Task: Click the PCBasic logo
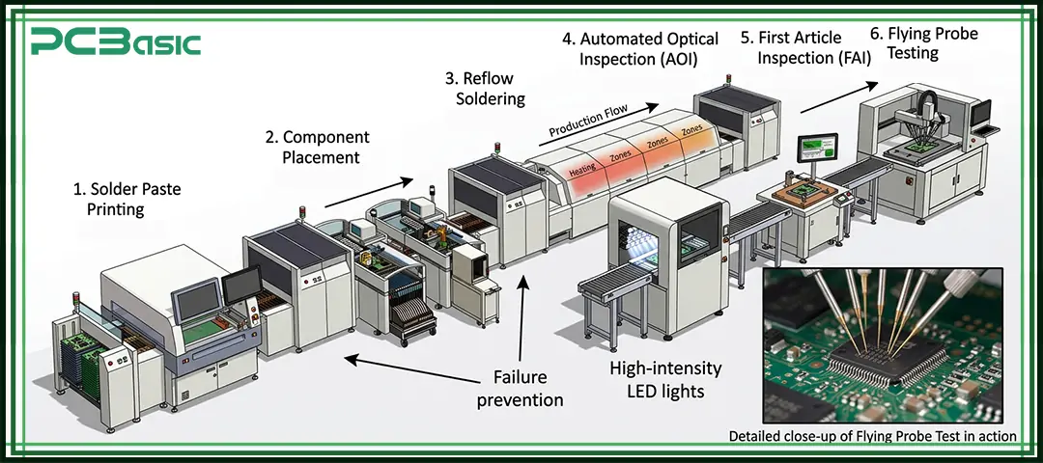point(115,41)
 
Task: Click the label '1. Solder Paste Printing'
point(127,200)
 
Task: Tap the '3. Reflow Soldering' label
point(485,88)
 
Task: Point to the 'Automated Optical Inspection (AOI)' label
point(640,49)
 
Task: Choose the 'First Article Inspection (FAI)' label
point(805,48)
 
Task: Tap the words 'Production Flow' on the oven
point(589,120)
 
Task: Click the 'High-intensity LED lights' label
point(665,379)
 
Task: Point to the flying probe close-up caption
point(872,436)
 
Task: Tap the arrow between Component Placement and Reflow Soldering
point(372,191)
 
